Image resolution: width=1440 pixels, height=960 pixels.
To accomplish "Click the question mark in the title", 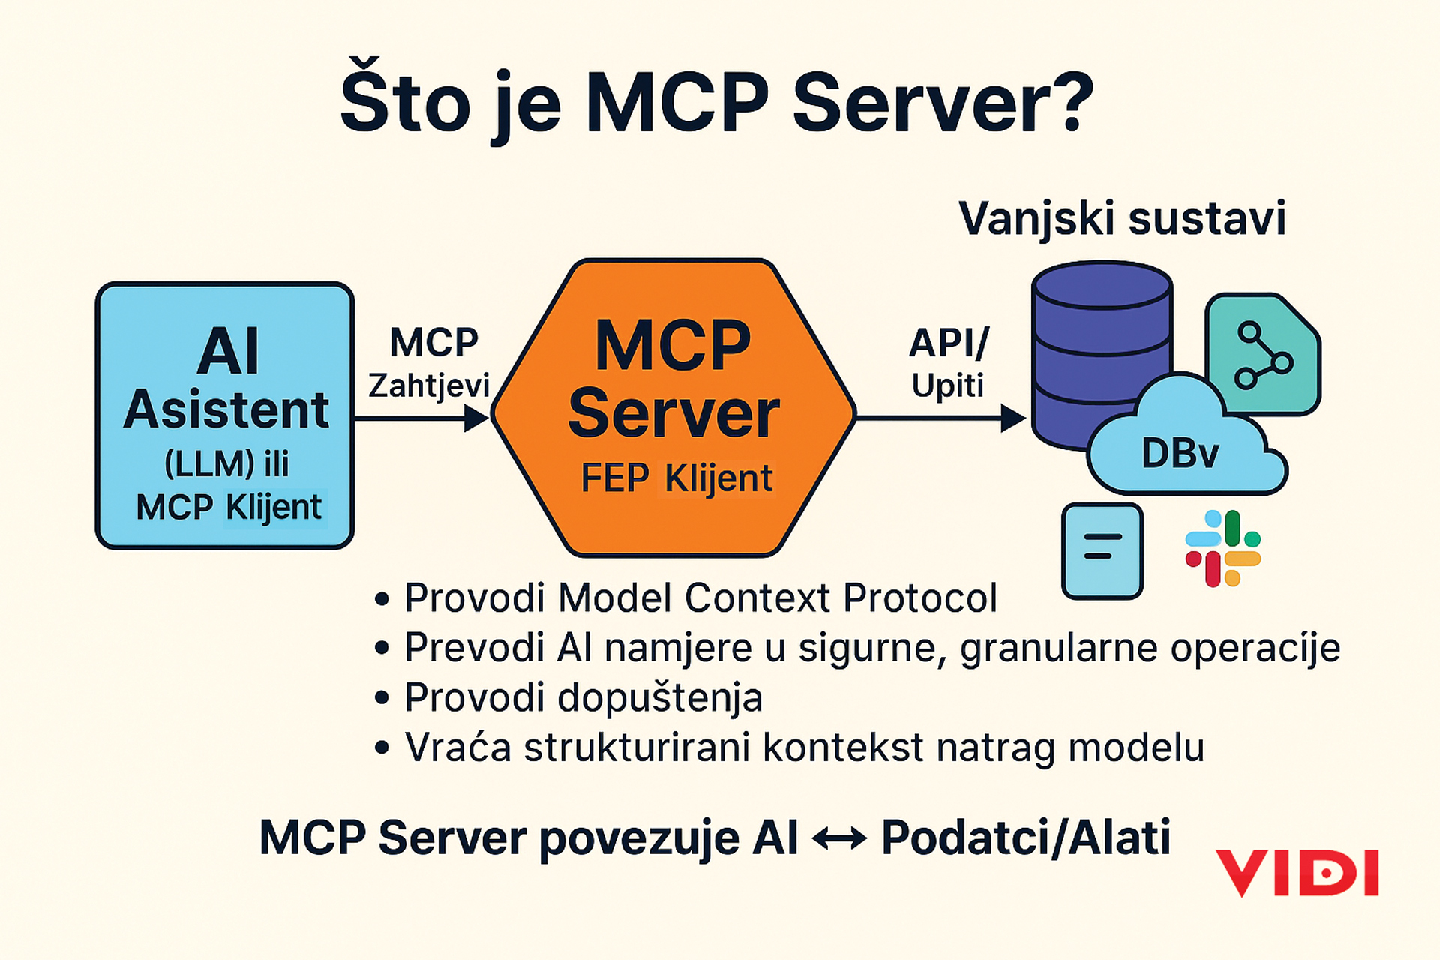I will pos(1066,101).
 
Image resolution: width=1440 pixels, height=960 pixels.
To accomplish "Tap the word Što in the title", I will pos(405,101).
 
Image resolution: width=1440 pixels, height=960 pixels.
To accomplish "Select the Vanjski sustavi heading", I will pos(1122,218).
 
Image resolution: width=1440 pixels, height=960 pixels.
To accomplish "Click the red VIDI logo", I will pos(1297,873).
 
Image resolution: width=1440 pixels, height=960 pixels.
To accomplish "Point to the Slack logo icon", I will pos(1222,548).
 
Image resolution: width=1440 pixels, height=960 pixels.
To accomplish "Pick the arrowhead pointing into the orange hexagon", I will pos(478,418).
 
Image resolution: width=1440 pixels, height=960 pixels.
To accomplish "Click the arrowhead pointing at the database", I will pos(1014,418).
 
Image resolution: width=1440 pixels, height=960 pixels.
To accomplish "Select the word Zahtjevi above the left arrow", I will pos(428,385).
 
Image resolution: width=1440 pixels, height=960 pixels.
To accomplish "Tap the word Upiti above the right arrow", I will pos(947,385).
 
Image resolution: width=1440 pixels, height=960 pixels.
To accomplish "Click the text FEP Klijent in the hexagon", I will pos(676,478).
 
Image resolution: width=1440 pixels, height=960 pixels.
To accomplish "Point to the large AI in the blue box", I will pos(228,350).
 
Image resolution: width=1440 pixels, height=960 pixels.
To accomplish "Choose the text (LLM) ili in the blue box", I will pos(226,463).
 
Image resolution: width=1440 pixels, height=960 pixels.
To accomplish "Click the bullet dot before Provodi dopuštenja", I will pos(382,697).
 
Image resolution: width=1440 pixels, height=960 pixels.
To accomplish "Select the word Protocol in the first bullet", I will pos(920,598).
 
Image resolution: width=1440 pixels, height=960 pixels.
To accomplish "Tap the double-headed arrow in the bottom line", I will pos(839,838).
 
